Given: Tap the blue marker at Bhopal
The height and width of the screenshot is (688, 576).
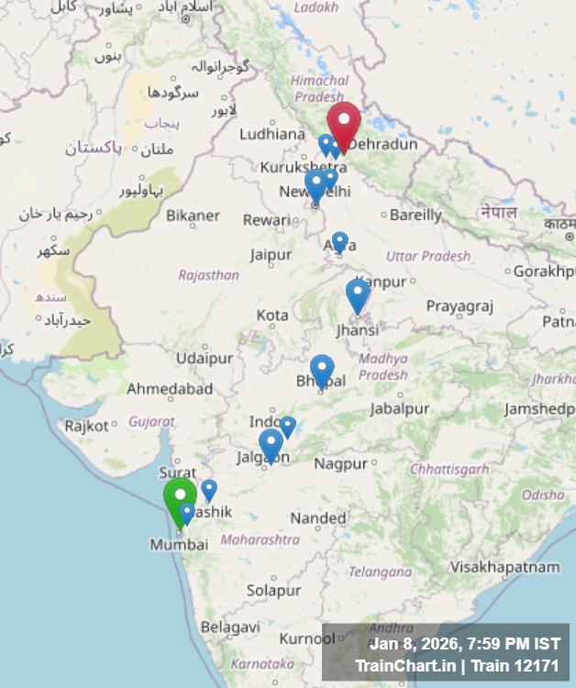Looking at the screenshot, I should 322,369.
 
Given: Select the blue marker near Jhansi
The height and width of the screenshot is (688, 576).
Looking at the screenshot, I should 358,294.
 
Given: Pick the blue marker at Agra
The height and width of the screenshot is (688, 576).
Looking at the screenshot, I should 339,241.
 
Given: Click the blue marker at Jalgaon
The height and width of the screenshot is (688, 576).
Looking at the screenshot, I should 271,444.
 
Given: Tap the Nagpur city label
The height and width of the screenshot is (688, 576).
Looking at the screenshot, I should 340,463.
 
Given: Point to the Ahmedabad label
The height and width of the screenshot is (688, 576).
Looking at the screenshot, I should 170,389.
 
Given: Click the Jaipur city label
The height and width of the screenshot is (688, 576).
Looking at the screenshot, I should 271,254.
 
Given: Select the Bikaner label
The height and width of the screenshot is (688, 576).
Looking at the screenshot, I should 193,216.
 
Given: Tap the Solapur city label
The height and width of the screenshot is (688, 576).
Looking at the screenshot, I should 273,589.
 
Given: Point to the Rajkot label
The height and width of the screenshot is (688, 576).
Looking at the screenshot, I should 86,426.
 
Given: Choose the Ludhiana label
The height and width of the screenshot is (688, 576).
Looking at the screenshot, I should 271,134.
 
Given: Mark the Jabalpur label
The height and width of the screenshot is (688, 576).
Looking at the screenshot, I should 400,408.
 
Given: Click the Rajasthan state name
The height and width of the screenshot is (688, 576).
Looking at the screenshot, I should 208,274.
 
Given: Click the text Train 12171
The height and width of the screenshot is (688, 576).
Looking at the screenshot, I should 519,663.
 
